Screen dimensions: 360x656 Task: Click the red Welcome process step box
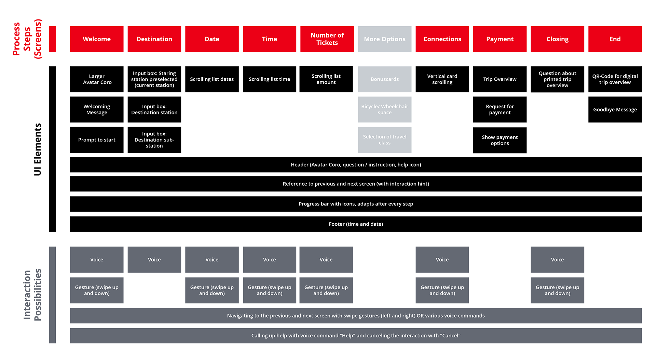pyautogui.click(x=97, y=39)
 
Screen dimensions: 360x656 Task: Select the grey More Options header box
pyautogui.click(x=385, y=39)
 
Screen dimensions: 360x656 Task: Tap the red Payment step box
pyautogui.click(x=500, y=39)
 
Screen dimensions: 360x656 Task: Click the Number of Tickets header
pyautogui.click(x=327, y=39)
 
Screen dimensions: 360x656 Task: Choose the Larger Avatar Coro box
pyautogui.click(x=97, y=79)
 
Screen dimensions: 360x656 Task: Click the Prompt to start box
pyautogui.click(x=97, y=140)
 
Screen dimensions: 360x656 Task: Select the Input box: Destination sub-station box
pyautogui.click(x=154, y=140)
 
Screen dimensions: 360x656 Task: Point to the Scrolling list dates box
pyautogui.click(x=212, y=79)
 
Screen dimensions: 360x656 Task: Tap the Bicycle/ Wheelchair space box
pyautogui.click(x=385, y=109)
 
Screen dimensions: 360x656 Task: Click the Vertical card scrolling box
pyautogui.click(x=442, y=79)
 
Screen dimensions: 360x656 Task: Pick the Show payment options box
pyautogui.click(x=500, y=140)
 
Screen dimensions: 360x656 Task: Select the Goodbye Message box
pyautogui.click(x=615, y=109)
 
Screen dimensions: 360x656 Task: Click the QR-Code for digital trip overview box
pyautogui.click(x=615, y=79)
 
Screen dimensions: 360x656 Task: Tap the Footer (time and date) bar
pyautogui.click(x=356, y=224)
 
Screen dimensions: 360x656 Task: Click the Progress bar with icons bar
pyautogui.click(x=356, y=204)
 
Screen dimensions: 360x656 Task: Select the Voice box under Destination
pyautogui.click(x=154, y=259)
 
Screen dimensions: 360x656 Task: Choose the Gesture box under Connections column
pyautogui.click(x=442, y=290)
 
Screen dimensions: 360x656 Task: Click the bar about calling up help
pyautogui.click(x=356, y=335)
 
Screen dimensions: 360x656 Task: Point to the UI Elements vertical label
pyautogui.click(x=37, y=149)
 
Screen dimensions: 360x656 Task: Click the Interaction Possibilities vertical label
pyautogui.click(x=32, y=295)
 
